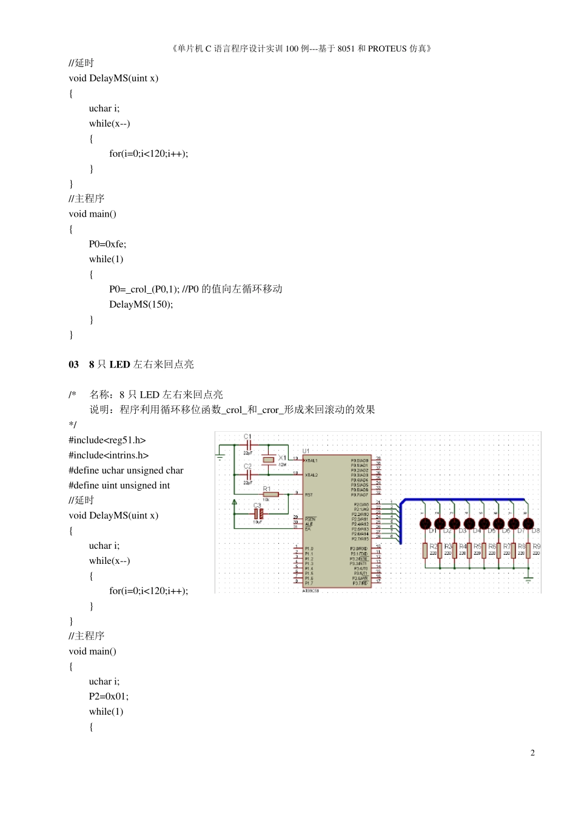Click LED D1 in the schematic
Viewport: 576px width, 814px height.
tap(426, 523)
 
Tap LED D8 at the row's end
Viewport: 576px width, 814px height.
tap(528, 523)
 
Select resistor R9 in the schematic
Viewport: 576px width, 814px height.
tap(529, 551)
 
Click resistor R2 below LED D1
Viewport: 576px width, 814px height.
tap(425, 551)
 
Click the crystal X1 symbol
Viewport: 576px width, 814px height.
tap(269, 460)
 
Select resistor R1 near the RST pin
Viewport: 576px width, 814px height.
tap(270, 494)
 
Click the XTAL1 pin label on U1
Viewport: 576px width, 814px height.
tap(312, 461)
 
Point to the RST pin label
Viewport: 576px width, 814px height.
tap(309, 495)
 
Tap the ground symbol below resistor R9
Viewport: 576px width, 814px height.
tap(528, 578)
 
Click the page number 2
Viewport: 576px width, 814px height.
tap(532, 753)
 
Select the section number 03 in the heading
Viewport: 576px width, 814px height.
tap(73, 365)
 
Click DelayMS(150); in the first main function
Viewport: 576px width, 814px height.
tap(141, 305)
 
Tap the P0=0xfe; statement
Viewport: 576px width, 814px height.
tap(107, 244)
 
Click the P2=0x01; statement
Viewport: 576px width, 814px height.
tap(109, 697)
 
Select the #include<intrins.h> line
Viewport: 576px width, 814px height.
tap(109, 455)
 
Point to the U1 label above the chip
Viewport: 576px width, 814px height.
tap(306, 451)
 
